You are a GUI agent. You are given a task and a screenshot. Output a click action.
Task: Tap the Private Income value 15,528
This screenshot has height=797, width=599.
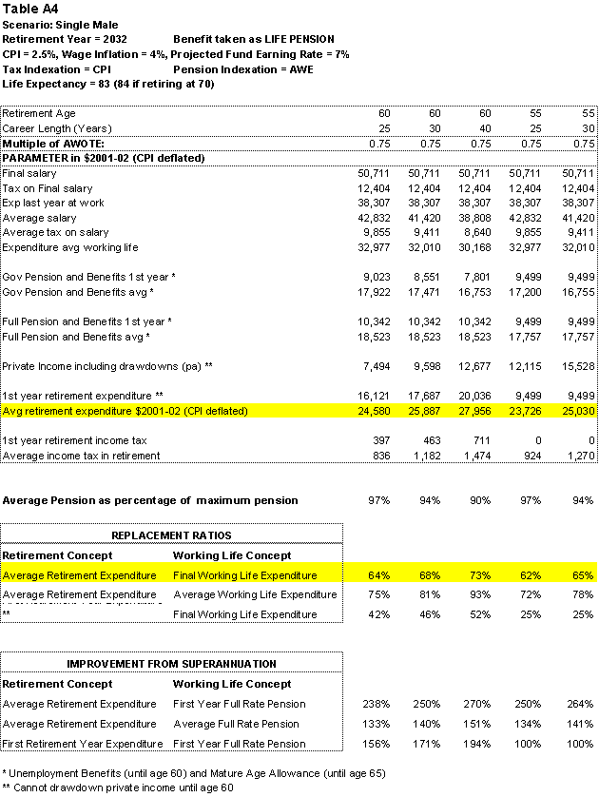pos(577,366)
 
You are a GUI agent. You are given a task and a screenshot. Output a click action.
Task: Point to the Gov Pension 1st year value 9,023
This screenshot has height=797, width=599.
pos(370,277)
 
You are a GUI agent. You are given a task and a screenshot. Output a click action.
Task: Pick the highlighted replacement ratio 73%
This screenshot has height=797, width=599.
pos(479,574)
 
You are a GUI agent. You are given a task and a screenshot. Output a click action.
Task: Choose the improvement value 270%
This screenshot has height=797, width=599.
pos(477,704)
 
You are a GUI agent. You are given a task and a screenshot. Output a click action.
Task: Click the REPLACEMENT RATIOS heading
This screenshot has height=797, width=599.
pos(171,535)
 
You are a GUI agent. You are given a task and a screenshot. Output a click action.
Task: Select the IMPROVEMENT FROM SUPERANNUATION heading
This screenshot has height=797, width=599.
pos(171,663)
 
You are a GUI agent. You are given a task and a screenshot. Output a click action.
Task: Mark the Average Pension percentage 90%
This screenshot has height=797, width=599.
pos(479,499)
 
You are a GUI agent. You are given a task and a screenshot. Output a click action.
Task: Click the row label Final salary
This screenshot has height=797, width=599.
pos(29,174)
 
